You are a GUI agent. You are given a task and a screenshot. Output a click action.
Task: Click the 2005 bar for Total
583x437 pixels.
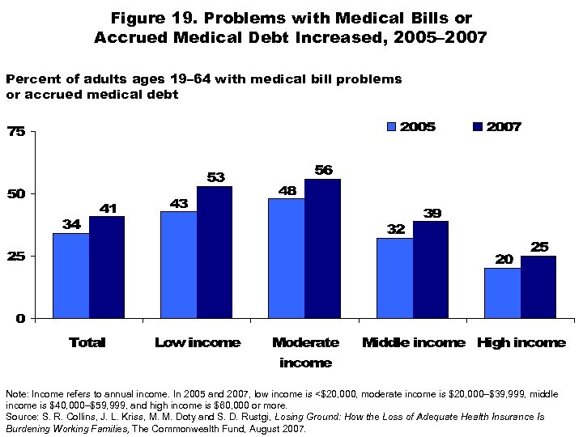point(70,275)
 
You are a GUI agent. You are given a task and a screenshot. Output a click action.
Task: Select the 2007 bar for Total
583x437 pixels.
point(107,267)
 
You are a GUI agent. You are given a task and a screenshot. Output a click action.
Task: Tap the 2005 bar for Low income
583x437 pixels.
point(178,265)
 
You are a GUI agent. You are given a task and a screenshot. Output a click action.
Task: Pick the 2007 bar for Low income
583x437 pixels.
point(215,252)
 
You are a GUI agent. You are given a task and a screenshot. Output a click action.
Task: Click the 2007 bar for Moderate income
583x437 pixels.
point(322,248)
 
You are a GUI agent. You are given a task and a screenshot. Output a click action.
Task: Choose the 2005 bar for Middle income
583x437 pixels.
point(394,278)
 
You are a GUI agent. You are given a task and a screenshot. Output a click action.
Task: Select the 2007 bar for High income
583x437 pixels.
point(538,286)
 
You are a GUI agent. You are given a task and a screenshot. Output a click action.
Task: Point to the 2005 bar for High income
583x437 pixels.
point(502,293)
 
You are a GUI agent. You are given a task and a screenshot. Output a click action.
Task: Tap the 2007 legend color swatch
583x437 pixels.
point(477,127)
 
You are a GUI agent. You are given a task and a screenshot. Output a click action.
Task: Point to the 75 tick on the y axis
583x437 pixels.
point(17,132)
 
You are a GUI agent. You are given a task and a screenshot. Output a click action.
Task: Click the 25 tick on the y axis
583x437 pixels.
point(17,256)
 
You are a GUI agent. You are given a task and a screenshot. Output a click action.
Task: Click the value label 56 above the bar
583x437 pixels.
point(322,169)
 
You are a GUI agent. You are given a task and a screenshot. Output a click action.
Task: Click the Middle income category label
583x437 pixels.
point(413,343)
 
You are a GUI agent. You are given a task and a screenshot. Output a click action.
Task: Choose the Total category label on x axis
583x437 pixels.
point(87,343)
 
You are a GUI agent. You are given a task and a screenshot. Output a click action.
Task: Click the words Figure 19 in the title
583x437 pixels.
point(155,18)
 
